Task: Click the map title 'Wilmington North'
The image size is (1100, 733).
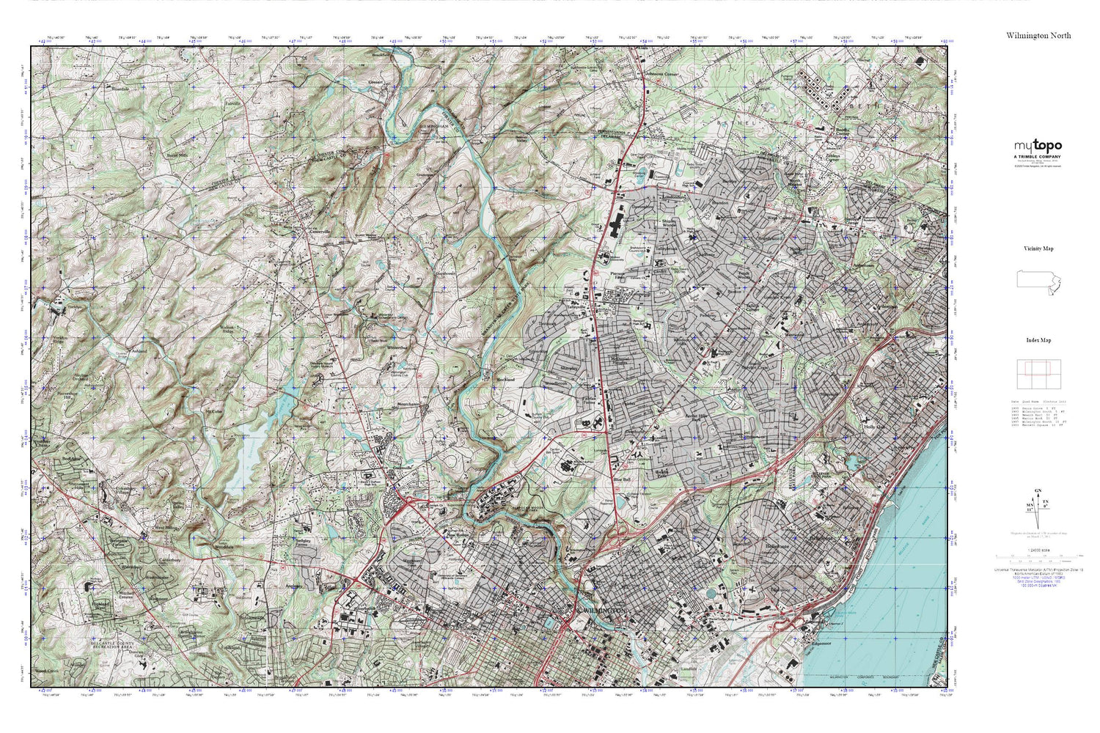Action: click(1038, 35)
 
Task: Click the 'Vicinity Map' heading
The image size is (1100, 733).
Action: click(1038, 248)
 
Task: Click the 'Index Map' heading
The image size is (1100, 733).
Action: click(1038, 340)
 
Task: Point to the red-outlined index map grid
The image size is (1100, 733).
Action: click(1038, 374)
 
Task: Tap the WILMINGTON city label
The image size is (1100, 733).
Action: click(604, 610)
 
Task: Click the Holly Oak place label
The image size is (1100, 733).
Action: click(875, 427)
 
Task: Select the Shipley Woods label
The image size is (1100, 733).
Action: click(668, 222)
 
